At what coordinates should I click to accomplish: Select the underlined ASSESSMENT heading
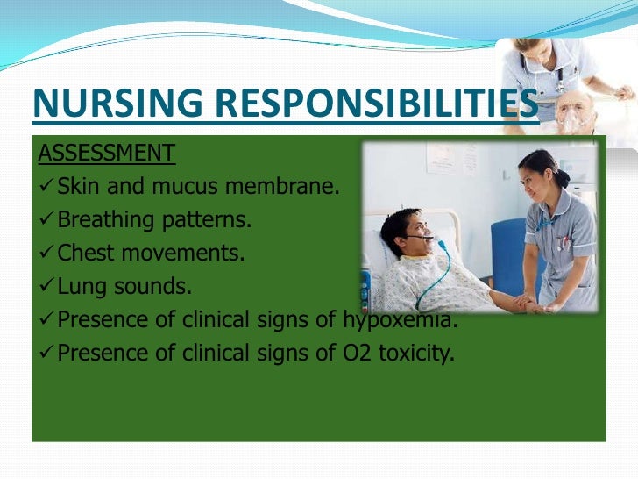tap(106, 154)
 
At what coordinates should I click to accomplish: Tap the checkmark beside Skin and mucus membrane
tap(46, 187)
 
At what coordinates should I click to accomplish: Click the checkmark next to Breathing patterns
tap(46, 220)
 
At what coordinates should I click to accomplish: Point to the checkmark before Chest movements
tap(46, 254)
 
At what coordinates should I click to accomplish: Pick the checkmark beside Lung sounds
tap(46, 287)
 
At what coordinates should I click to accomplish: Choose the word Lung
tap(80, 287)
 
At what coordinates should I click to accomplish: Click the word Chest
tap(86, 254)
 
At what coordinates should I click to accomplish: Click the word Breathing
tap(103, 220)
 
